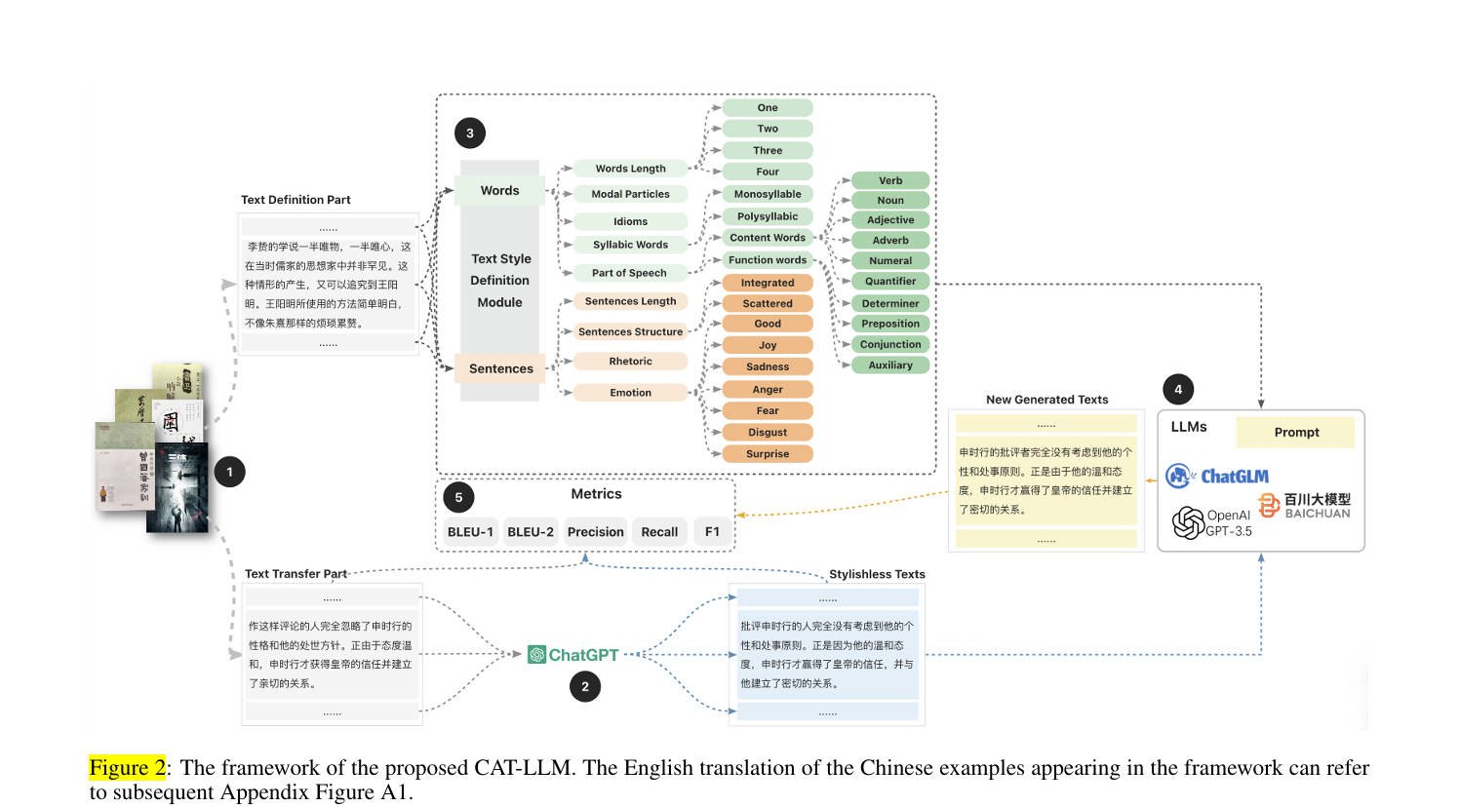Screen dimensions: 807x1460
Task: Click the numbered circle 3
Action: click(469, 134)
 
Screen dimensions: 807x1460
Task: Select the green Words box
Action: click(500, 191)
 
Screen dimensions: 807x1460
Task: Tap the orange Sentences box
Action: click(500, 368)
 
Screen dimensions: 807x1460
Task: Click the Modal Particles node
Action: click(630, 194)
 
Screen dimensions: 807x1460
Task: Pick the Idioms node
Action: click(630, 221)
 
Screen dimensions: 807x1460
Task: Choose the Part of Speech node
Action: click(629, 273)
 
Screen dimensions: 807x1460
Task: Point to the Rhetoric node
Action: click(630, 362)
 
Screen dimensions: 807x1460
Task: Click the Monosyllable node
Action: click(768, 194)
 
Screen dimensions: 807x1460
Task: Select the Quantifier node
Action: click(890, 281)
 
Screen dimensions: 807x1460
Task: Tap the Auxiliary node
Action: click(890, 365)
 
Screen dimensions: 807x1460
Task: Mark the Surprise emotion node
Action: click(768, 454)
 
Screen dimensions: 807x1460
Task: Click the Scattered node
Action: click(768, 304)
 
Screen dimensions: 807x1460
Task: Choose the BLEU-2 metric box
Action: click(531, 532)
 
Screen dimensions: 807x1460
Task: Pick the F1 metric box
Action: click(712, 532)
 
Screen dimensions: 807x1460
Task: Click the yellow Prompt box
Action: click(1295, 433)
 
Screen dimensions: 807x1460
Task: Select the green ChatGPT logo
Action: click(573, 655)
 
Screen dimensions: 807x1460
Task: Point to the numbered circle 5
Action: click(458, 497)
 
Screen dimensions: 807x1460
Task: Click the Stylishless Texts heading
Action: click(877, 575)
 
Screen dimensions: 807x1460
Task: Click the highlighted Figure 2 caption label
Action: click(127, 768)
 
